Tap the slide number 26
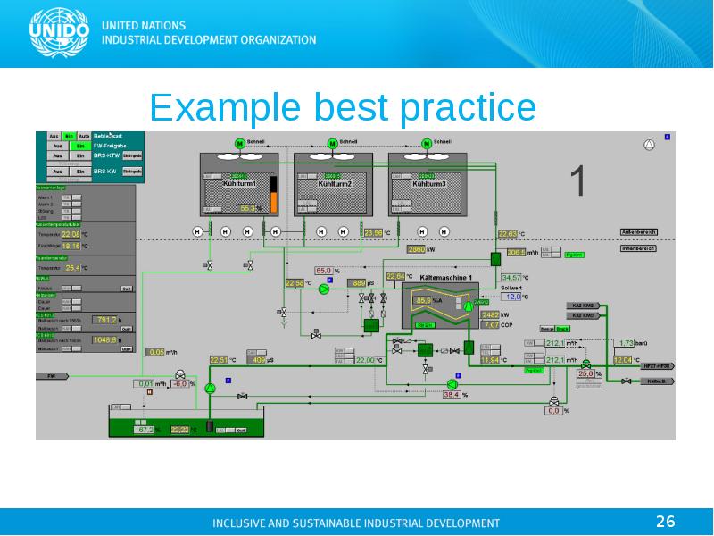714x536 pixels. click(665, 521)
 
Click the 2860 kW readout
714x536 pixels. click(416, 250)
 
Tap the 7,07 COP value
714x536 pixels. click(491, 325)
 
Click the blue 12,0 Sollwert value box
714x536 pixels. click(512, 297)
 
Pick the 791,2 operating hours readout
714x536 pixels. click(106, 319)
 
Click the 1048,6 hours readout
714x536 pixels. click(105, 340)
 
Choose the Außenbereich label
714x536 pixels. click(638, 232)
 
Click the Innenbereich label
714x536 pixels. click(638, 248)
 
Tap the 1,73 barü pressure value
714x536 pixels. click(626, 342)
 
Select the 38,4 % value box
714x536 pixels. click(451, 394)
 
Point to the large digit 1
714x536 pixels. click(577, 180)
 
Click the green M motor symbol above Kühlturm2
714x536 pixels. click(332, 143)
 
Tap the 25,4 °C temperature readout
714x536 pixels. click(73, 267)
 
